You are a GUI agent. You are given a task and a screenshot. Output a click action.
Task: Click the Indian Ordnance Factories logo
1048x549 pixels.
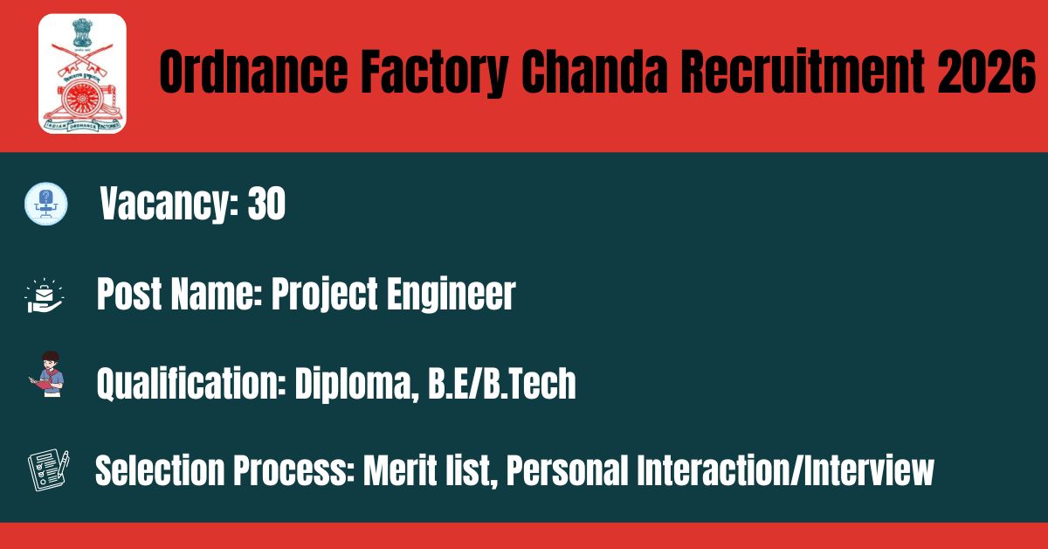(82, 73)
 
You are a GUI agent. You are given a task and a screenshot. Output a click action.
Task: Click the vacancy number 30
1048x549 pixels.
(266, 204)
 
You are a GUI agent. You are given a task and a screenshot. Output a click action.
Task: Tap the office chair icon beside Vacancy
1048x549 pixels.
(45, 204)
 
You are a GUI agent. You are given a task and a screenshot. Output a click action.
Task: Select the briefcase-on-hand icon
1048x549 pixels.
(45, 295)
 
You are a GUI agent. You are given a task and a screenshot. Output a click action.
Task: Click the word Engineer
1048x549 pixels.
(451, 295)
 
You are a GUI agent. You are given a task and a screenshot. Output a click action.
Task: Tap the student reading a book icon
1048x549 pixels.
(47, 374)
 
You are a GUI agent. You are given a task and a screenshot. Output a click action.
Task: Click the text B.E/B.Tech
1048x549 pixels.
(502, 384)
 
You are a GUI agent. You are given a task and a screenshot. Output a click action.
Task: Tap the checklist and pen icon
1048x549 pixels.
(49, 469)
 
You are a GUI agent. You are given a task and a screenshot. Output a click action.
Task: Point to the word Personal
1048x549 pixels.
(567, 470)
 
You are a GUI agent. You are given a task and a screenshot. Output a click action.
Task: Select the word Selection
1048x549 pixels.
(160, 470)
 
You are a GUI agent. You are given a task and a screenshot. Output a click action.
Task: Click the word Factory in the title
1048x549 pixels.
(434, 73)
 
